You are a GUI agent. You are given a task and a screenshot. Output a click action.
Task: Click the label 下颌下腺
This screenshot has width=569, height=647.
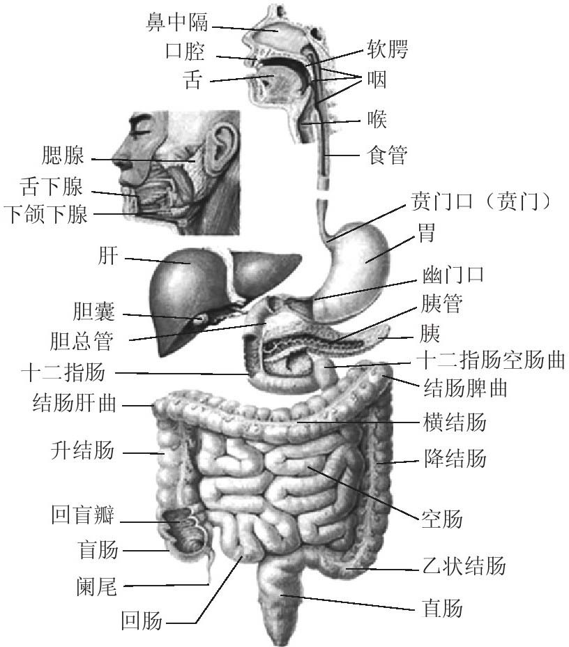45,214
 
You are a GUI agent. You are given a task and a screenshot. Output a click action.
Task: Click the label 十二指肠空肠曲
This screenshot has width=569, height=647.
490,360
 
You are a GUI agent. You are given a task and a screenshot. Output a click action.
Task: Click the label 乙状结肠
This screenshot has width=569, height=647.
464,565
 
